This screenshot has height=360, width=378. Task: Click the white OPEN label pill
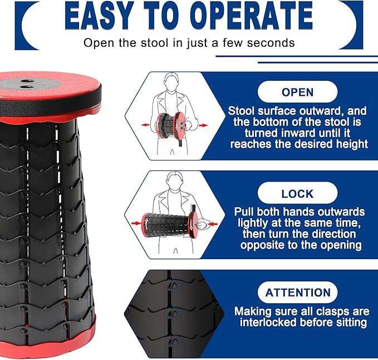pyautogui.click(x=297, y=92)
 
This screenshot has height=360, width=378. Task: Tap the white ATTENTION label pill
pyautogui.click(x=297, y=293)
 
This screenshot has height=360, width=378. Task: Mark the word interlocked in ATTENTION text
pyautogui.click(x=268, y=322)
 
